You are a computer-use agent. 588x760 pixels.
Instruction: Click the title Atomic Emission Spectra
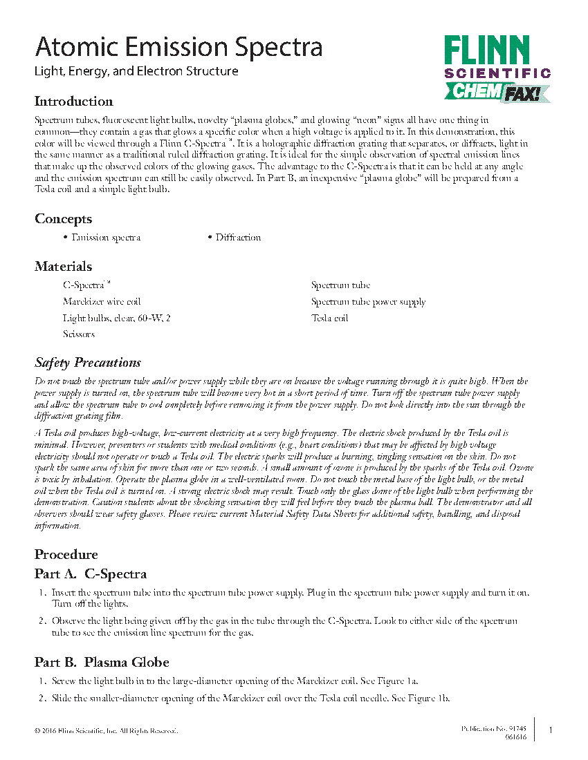click(x=178, y=47)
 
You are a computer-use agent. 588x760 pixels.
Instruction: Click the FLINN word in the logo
click(x=486, y=52)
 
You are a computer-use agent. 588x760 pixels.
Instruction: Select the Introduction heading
click(x=73, y=102)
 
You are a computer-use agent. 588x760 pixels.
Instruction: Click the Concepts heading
click(x=63, y=219)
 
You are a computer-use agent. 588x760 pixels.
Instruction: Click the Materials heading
click(x=63, y=267)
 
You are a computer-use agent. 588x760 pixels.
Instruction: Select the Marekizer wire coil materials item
click(x=102, y=302)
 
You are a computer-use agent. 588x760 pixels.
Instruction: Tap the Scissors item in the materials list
click(x=79, y=334)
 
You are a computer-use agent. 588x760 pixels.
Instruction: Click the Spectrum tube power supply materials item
click(x=368, y=302)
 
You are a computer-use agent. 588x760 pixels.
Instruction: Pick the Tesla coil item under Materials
click(x=330, y=319)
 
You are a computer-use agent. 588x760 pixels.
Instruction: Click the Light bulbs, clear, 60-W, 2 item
click(x=116, y=319)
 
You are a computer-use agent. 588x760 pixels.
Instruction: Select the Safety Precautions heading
click(x=88, y=363)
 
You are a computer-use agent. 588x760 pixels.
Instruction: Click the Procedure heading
click(x=66, y=555)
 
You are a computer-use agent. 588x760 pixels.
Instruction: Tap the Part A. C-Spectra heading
click(x=91, y=574)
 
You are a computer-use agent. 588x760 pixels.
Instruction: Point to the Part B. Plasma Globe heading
click(x=102, y=663)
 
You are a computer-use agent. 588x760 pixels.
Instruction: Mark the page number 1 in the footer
click(x=550, y=730)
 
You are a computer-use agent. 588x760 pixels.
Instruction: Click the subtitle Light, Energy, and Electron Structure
click(x=136, y=71)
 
